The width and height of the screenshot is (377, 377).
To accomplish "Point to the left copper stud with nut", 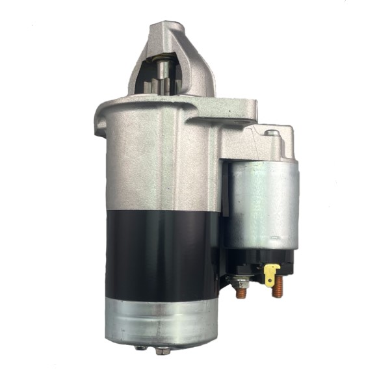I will click(241, 291).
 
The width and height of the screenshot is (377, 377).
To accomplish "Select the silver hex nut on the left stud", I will click(240, 283).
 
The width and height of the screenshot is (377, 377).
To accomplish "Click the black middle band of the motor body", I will click(162, 253).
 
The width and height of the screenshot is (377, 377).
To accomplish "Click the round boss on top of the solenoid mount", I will click(272, 134).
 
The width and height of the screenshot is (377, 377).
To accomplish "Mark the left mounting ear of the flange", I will click(102, 120).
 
